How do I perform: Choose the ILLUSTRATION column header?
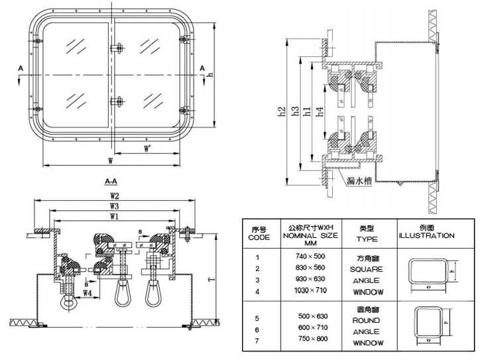(426, 236)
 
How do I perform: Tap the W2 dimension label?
(114, 196)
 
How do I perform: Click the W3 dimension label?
(114, 207)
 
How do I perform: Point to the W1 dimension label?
(114, 217)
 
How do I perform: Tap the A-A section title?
(111, 180)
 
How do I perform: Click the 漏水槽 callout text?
(358, 180)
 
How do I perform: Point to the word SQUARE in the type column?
(365, 269)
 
